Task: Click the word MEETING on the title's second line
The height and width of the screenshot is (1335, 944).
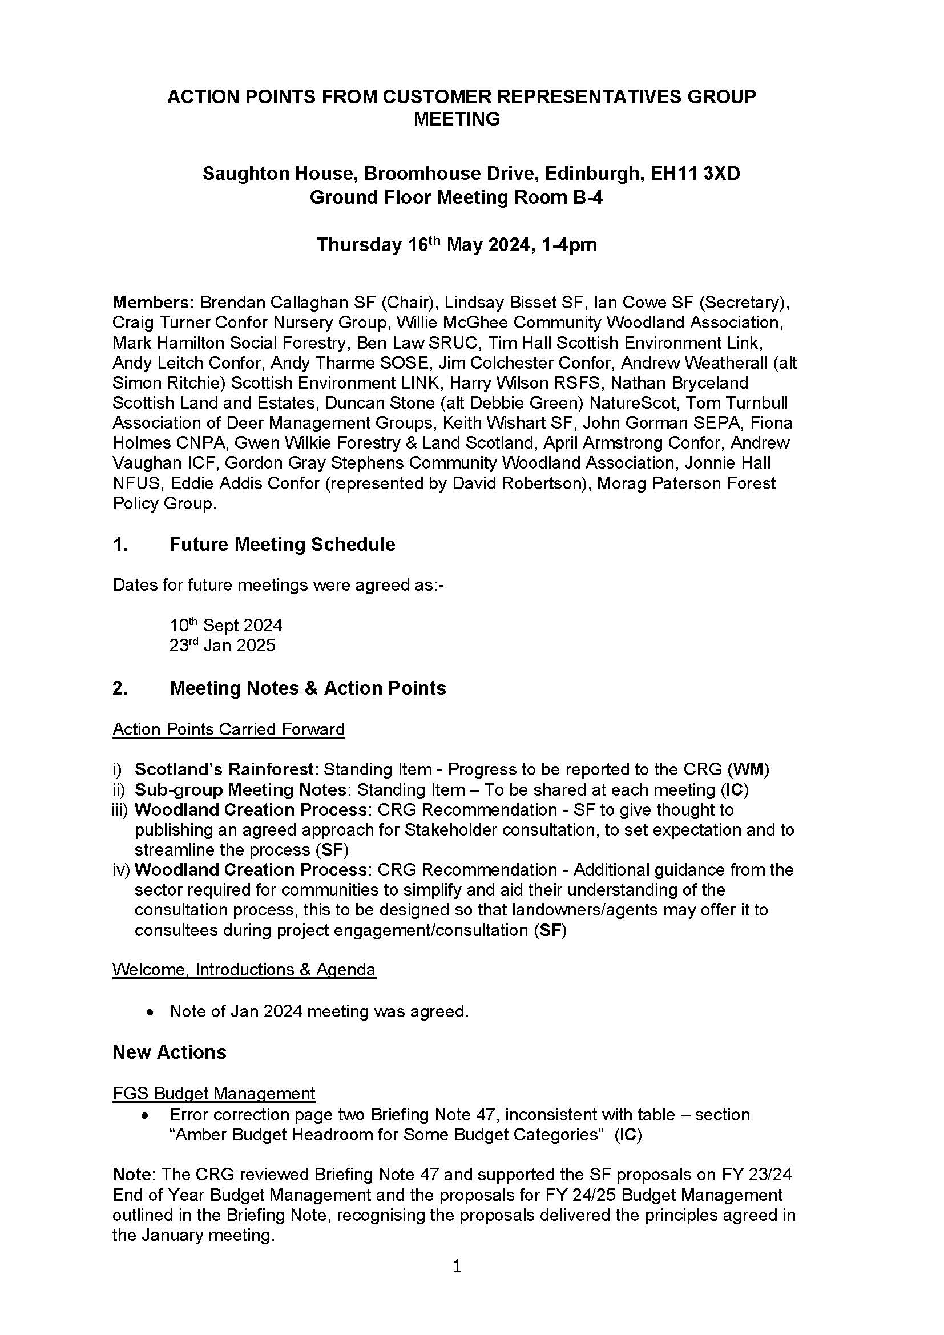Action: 457,119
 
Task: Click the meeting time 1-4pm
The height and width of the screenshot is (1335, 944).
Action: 568,245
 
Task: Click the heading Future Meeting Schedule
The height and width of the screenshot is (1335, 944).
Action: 282,545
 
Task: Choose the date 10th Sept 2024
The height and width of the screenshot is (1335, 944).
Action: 225,626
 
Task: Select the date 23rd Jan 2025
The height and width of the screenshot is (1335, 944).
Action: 222,646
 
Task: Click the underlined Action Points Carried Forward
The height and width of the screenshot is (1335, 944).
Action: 228,729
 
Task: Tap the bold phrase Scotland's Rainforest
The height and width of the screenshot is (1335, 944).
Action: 224,769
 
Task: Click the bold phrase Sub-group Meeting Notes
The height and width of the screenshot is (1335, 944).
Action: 241,789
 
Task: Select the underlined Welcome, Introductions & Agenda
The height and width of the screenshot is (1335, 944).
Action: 244,970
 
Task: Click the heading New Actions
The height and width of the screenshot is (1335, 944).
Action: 169,1052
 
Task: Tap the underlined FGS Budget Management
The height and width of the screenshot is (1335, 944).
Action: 214,1094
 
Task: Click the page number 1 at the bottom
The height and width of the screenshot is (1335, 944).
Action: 457,1266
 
